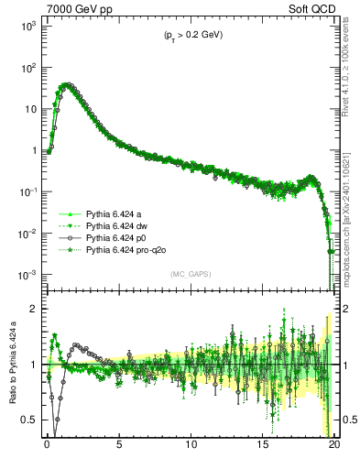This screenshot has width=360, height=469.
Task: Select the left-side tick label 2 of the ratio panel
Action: [33, 309]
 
